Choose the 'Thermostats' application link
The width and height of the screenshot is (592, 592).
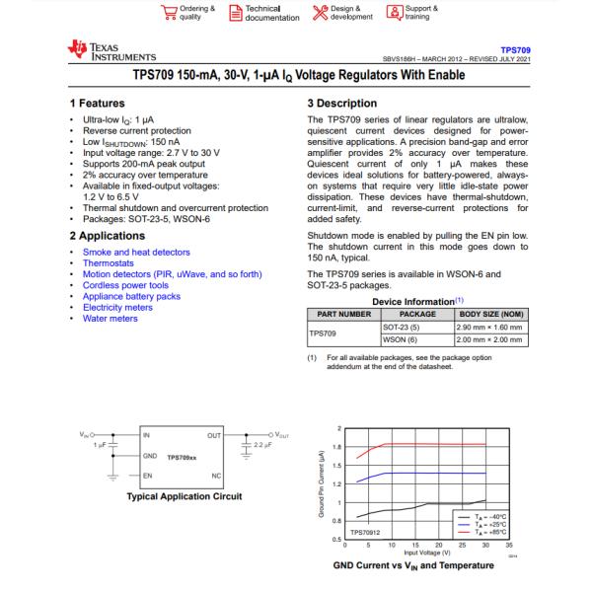coord(111,264)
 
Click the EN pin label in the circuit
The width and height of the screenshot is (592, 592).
coord(148,475)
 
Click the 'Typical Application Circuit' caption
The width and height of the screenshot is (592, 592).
coord(185,496)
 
